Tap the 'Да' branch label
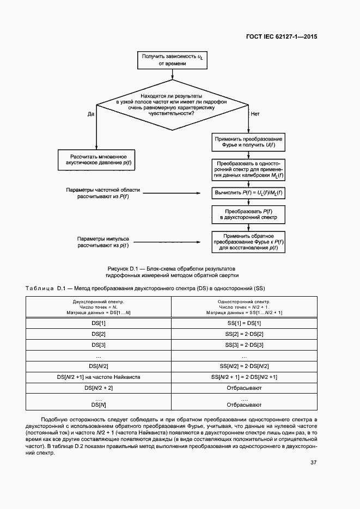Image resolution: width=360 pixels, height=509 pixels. [91, 114]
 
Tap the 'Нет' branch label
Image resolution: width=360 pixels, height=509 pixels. [254, 114]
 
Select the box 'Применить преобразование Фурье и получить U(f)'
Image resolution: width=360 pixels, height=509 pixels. [248, 143]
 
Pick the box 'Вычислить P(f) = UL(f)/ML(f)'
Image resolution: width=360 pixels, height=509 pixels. [248, 193]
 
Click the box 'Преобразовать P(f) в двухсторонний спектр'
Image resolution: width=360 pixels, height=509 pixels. [248, 214]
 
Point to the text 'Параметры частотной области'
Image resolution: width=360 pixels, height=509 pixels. [103, 189]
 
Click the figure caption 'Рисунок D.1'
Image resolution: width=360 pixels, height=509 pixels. [171, 269]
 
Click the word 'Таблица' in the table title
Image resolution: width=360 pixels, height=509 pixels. [39, 287]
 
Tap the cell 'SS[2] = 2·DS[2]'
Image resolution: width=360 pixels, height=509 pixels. [244, 334]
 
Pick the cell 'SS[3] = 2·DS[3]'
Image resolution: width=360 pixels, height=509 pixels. [244, 345]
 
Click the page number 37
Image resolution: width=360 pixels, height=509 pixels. [314, 463]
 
